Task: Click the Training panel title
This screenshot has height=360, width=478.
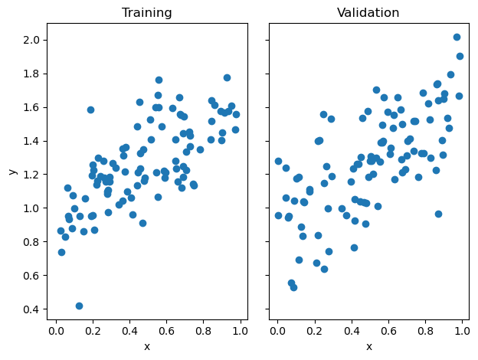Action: [x=147, y=13]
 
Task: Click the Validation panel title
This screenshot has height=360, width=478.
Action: [x=368, y=13]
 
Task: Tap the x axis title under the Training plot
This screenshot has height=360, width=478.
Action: [x=147, y=346]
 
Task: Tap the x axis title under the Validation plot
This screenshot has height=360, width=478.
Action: [x=368, y=346]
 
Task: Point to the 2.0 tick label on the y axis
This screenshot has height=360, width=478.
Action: [x=33, y=40]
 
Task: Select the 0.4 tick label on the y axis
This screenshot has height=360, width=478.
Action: [x=33, y=309]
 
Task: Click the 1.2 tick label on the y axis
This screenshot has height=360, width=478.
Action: [x=33, y=175]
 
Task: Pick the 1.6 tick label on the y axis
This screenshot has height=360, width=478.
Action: [x=33, y=107]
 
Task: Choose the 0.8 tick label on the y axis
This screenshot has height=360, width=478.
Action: [x=33, y=242]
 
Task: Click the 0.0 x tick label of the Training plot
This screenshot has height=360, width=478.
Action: [x=56, y=331]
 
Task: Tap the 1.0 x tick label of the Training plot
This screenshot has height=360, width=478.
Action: [x=240, y=331]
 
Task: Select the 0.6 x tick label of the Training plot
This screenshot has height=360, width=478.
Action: [x=166, y=331]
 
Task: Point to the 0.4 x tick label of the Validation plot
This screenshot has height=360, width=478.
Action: [x=351, y=331]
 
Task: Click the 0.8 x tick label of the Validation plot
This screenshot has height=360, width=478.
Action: [x=424, y=331]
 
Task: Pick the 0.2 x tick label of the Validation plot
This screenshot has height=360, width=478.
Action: [x=314, y=331]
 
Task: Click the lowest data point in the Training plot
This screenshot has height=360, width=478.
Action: [x=79, y=306]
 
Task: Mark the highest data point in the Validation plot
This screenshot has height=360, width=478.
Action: [x=457, y=37]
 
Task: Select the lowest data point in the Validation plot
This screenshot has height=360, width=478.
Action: [x=293, y=287]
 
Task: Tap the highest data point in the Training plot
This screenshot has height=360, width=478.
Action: [x=227, y=77]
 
